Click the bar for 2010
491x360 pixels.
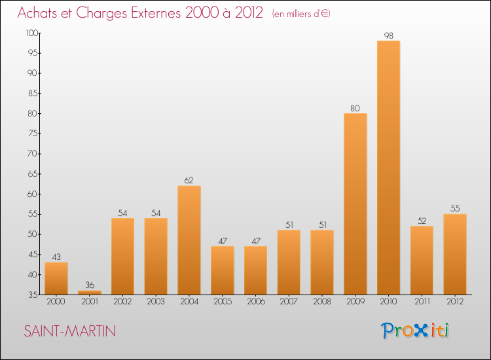click(x=388, y=168)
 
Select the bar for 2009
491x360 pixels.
click(x=355, y=204)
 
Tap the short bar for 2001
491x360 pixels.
click(x=89, y=292)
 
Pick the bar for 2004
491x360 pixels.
click(x=189, y=240)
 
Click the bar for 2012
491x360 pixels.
click(x=455, y=254)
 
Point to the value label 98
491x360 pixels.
click(x=388, y=35)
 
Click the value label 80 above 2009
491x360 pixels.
click(x=355, y=108)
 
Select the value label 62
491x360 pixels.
click(x=189, y=181)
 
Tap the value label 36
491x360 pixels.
click(x=89, y=285)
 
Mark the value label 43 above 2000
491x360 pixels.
click(x=56, y=257)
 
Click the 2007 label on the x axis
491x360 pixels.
click(x=289, y=302)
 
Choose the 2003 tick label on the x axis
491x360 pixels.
click(x=156, y=302)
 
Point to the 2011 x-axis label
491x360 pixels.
click(x=422, y=302)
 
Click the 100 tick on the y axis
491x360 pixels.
click(x=31, y=33)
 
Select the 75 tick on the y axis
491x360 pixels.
click(x=33, y=134)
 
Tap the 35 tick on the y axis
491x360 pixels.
click(x=33, y=295)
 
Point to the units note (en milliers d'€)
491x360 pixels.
click(x=300, y=14)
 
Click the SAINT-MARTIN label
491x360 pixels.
click(x=70, y=332)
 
